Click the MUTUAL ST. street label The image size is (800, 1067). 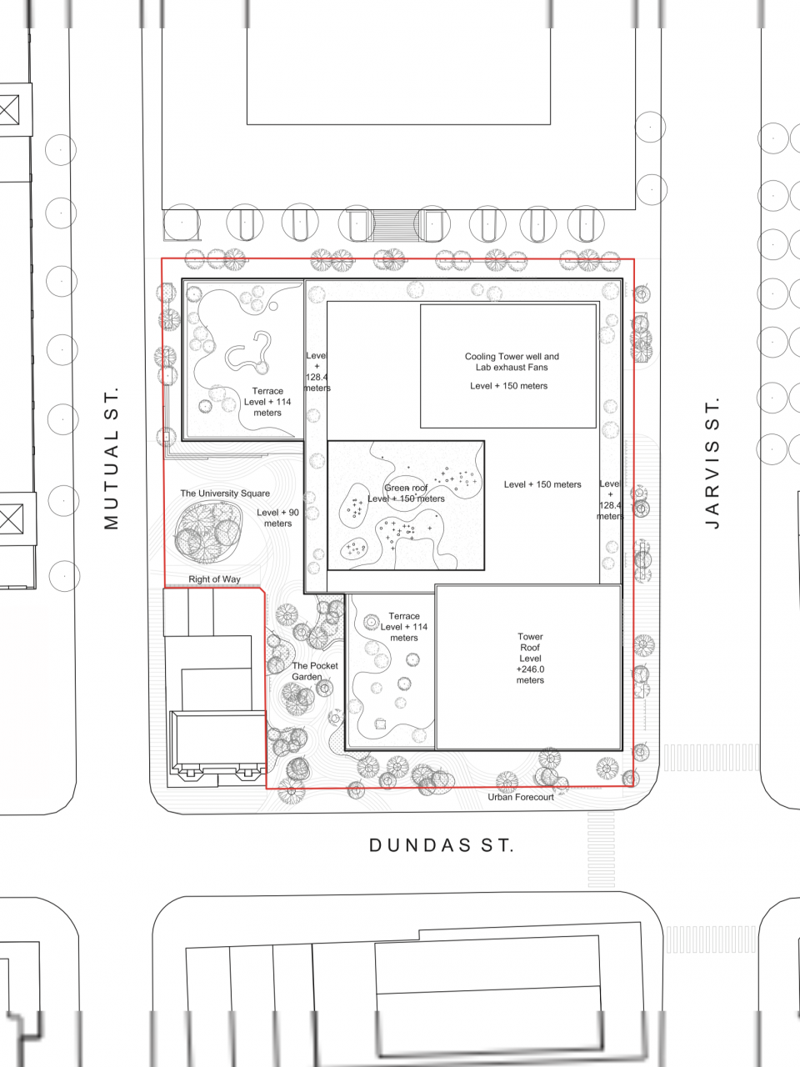(x=111, y=458)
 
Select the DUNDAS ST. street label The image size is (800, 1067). (x=441, y=845)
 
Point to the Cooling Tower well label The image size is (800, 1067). (x=512, y=362)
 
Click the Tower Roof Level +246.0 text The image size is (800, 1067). (x=530, y=659)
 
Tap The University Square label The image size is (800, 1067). (x=225, y=493)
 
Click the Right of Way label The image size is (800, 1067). (x=214, y=579)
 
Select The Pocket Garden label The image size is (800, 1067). (x=315, y=671)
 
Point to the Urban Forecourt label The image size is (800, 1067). (x=521, y=797)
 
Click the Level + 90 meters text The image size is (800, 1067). (x=277, y=518)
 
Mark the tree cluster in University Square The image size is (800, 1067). (x=207, y=533)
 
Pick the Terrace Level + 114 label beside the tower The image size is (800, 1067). (x=403, y=627)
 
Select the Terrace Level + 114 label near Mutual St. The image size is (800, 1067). (x=267, y=402)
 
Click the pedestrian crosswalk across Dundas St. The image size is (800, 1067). (x=601, y=849)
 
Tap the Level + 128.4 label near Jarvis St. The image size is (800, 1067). (x=610, y=499)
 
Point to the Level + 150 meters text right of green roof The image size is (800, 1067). (x=542, y=484)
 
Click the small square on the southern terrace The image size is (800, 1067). (x=380, y=724)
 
